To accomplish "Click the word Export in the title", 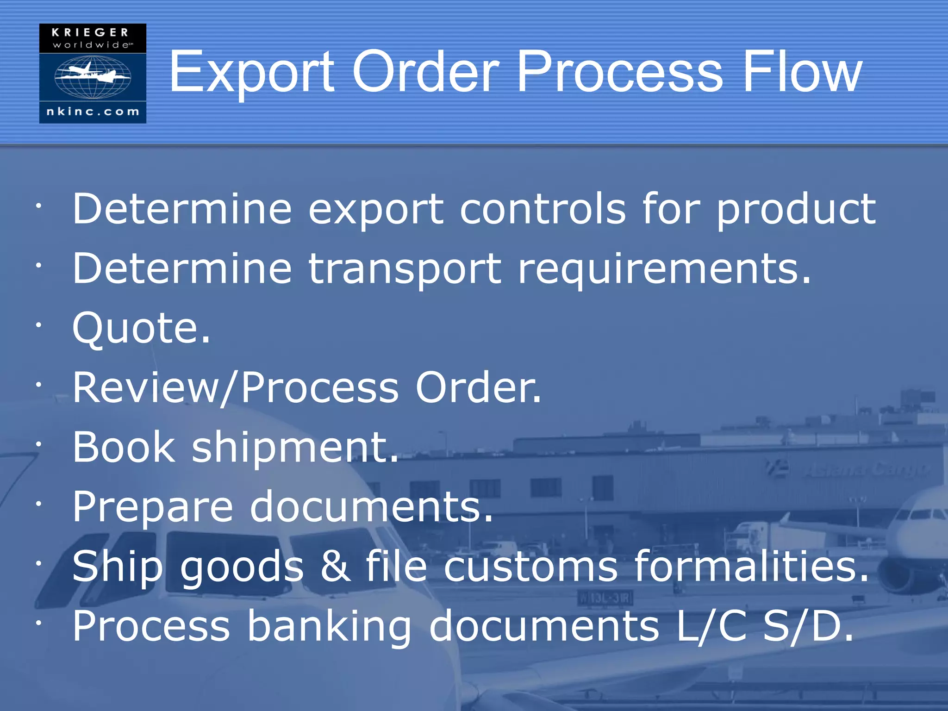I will [x=251, y=73].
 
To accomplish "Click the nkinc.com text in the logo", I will [x=93, y=112].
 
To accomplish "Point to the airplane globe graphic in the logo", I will [x=93, y=76].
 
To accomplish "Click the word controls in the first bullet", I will [x=543, y=209].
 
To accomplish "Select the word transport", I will [x=405, y=269].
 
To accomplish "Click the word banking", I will [x=329, y=627].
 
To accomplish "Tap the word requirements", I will [x=664, y=269].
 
